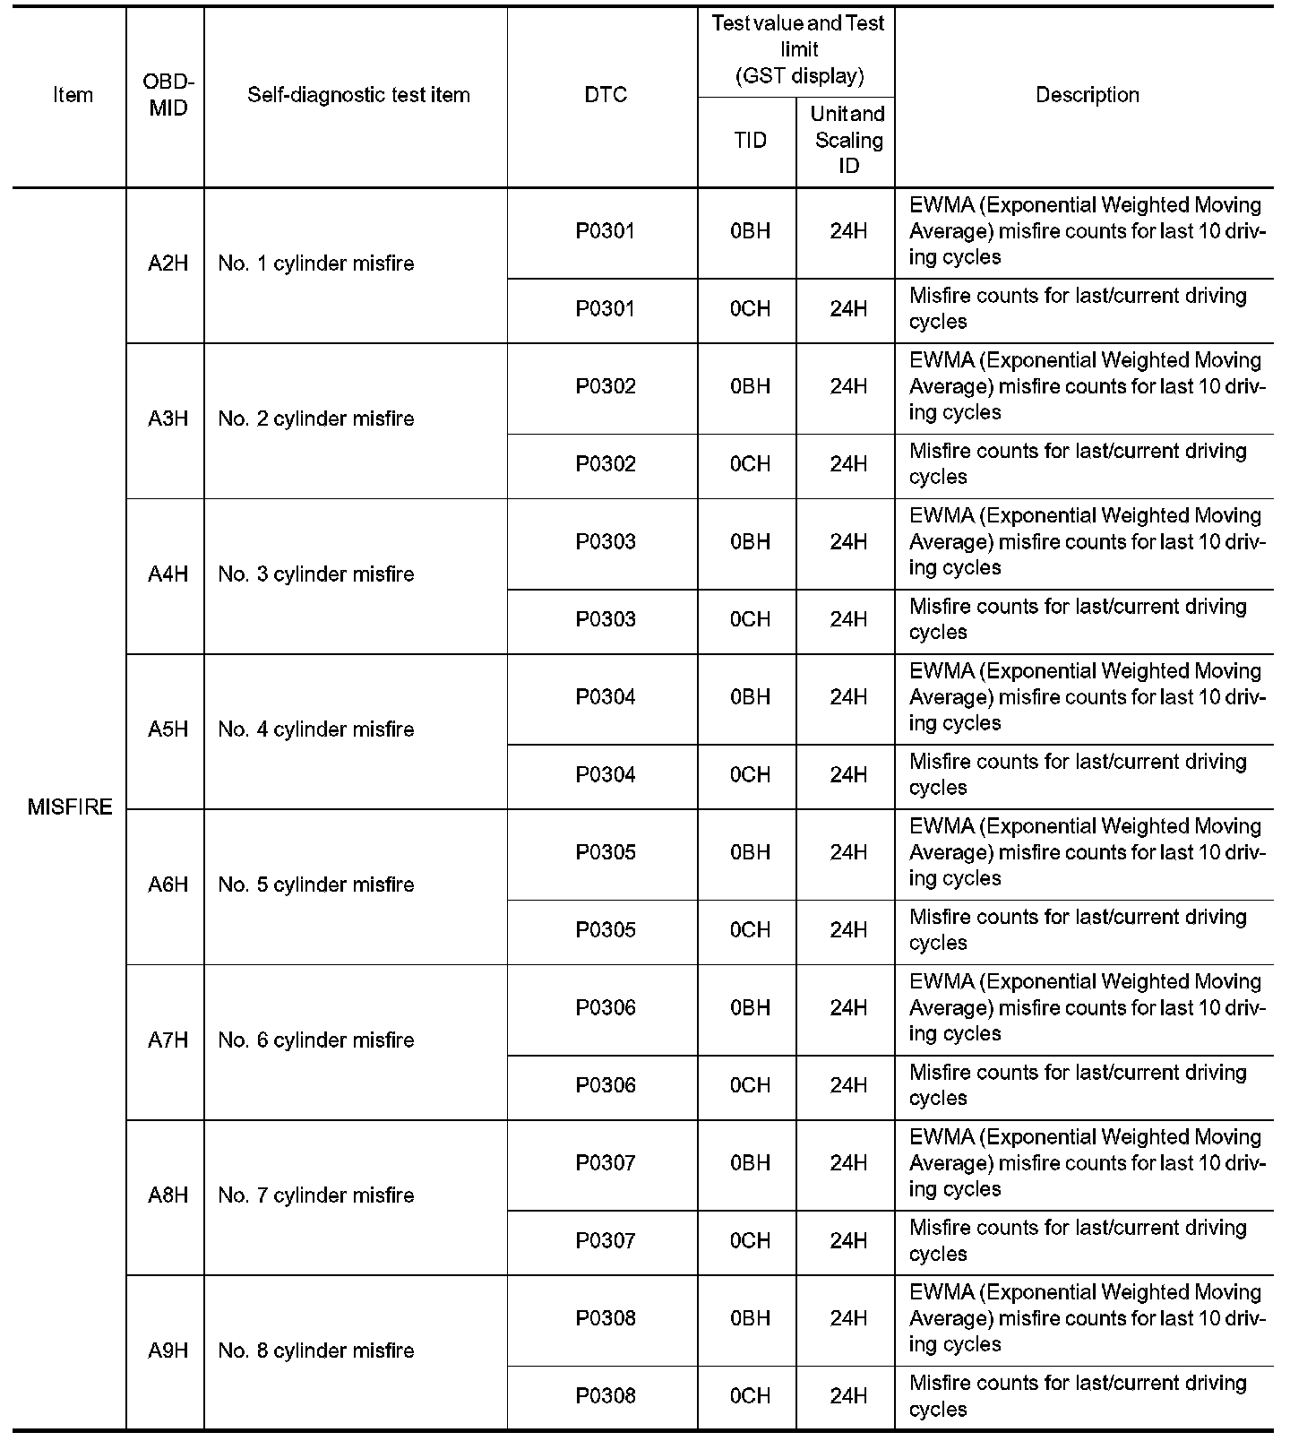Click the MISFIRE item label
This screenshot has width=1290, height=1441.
point(70,807)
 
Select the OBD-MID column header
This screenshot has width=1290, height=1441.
point(168,95)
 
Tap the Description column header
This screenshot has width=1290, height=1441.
point(1087,95)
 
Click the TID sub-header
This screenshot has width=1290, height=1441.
point(750,140)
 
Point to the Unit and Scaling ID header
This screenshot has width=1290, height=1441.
point(847,140)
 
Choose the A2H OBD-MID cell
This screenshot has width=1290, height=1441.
point(168,263)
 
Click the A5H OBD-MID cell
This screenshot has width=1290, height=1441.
point(168,729)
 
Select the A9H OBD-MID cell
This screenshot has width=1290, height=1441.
point(168,1350)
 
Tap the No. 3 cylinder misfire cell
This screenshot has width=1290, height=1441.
point(316,574)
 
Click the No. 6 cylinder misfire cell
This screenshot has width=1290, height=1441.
point(316,1040)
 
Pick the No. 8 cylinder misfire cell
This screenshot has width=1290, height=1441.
point(316,1350)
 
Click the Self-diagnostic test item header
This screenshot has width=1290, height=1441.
point(358,95)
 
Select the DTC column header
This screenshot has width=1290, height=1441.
point(606,95)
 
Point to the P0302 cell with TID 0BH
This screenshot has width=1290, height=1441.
point(606,386)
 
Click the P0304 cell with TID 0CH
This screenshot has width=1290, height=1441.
point(606,775)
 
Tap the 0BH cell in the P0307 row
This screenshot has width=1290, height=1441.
point(750,1163)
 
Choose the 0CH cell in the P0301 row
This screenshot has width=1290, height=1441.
point(750,309)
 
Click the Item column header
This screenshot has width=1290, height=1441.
point(73,95)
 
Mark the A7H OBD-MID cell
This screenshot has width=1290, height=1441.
point(168,1040)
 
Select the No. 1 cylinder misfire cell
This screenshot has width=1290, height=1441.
point(316,263)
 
